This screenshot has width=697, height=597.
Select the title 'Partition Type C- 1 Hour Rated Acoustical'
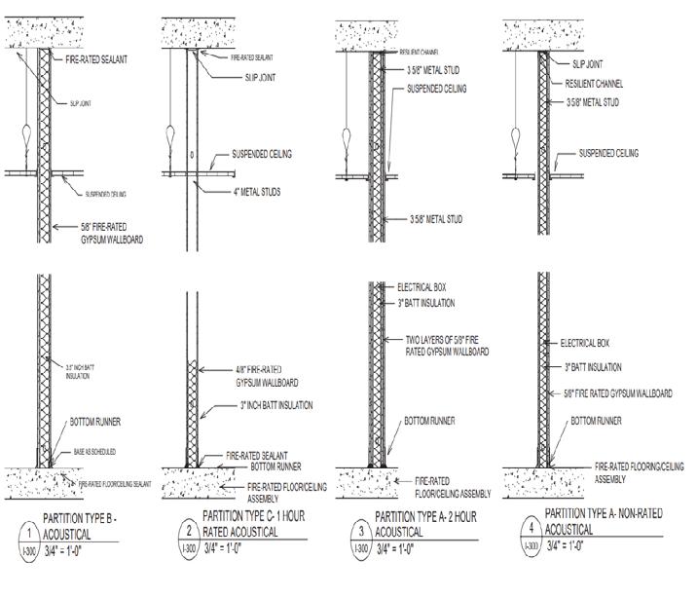tap(256, 524)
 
